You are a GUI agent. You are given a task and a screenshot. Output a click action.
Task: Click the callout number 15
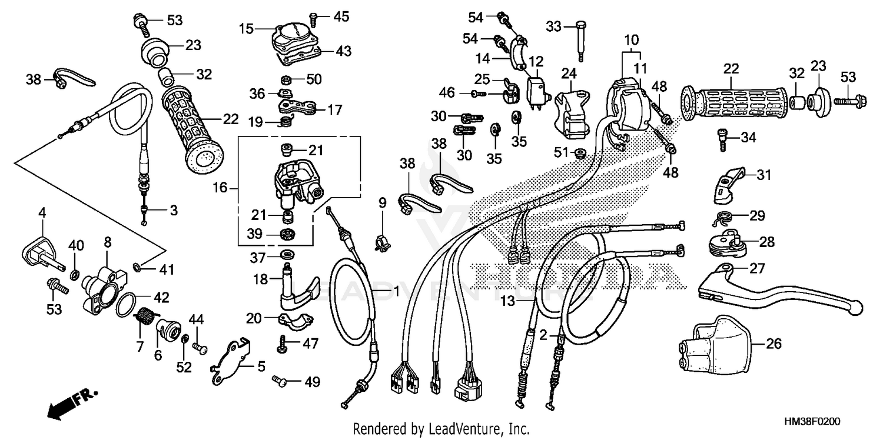(246, 28)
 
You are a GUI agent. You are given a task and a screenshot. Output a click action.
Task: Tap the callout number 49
(311, 382)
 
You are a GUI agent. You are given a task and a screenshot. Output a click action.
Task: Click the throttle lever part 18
(295, 288)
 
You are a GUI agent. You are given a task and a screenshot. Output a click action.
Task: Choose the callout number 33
(553, 26)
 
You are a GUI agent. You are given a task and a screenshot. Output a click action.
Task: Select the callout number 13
(507, 301)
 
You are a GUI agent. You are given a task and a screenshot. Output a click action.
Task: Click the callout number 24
(568, 74)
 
